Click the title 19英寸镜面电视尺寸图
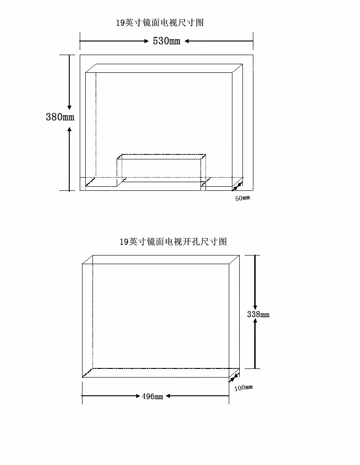(x=159, y=22)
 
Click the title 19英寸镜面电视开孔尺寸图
(x=173, y=242)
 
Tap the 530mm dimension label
(x=166, y=41)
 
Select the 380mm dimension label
(x=60, y=117)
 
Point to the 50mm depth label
(x=242, y=198)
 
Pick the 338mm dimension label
(x=258, y=314)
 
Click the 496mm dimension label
(x=152, y=396)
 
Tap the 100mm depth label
(x=243, y=388)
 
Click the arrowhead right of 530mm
(x=187, y=41)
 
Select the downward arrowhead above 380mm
(x=69, y=106)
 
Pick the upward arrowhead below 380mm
(x=69, y=130)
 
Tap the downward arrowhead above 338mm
(x=255, y=306)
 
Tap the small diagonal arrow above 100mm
(x=234, y=377)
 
